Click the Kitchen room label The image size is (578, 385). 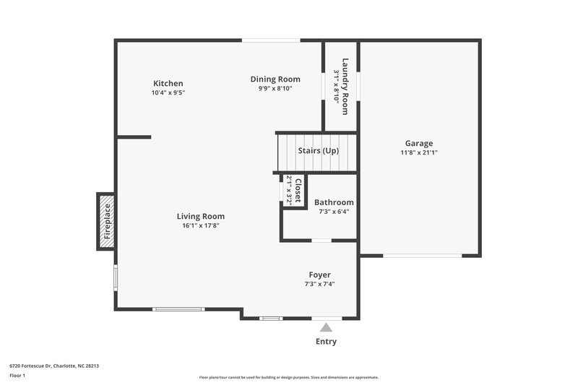[168, 83]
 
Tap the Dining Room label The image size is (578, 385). [275, 79]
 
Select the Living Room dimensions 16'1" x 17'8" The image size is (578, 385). [201, 225]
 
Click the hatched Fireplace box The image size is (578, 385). [106, 221]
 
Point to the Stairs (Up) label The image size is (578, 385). [318, 151]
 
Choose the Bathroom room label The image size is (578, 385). [334, 202]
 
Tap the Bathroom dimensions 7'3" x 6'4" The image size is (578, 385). [334, 212]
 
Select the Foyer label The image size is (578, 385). [319, 274]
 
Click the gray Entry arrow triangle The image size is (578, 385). [326, 328]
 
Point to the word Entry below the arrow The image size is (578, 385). [326, 342]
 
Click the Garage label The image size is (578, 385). [419, 143]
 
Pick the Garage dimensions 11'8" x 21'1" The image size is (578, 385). [419, 152]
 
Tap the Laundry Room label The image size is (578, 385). [345, 86]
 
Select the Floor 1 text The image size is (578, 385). [17, 376]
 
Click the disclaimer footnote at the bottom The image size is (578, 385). [288, 377]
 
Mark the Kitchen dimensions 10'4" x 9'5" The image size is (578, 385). [168, 92]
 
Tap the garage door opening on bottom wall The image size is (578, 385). [422, 255]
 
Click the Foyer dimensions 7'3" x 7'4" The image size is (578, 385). [319, 284]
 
